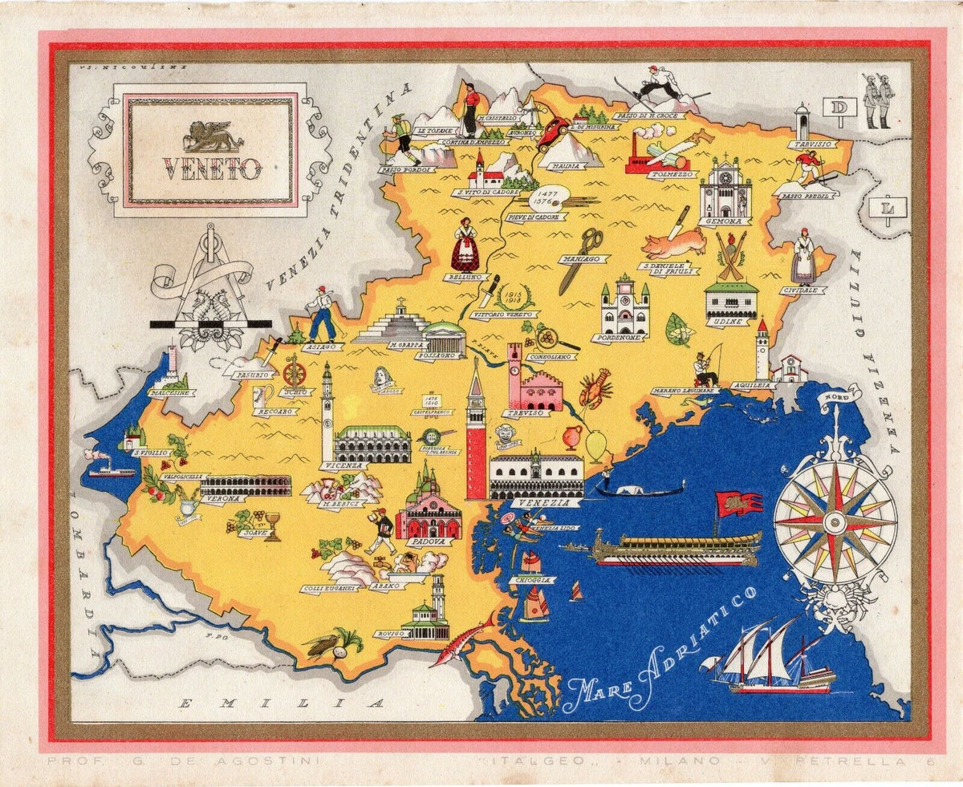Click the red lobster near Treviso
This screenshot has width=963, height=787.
595,387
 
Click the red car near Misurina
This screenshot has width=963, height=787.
553,132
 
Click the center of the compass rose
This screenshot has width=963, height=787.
835,521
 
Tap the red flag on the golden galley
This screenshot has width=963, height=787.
738,504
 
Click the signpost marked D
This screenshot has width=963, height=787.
840,108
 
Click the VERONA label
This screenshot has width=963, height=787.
222,498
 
